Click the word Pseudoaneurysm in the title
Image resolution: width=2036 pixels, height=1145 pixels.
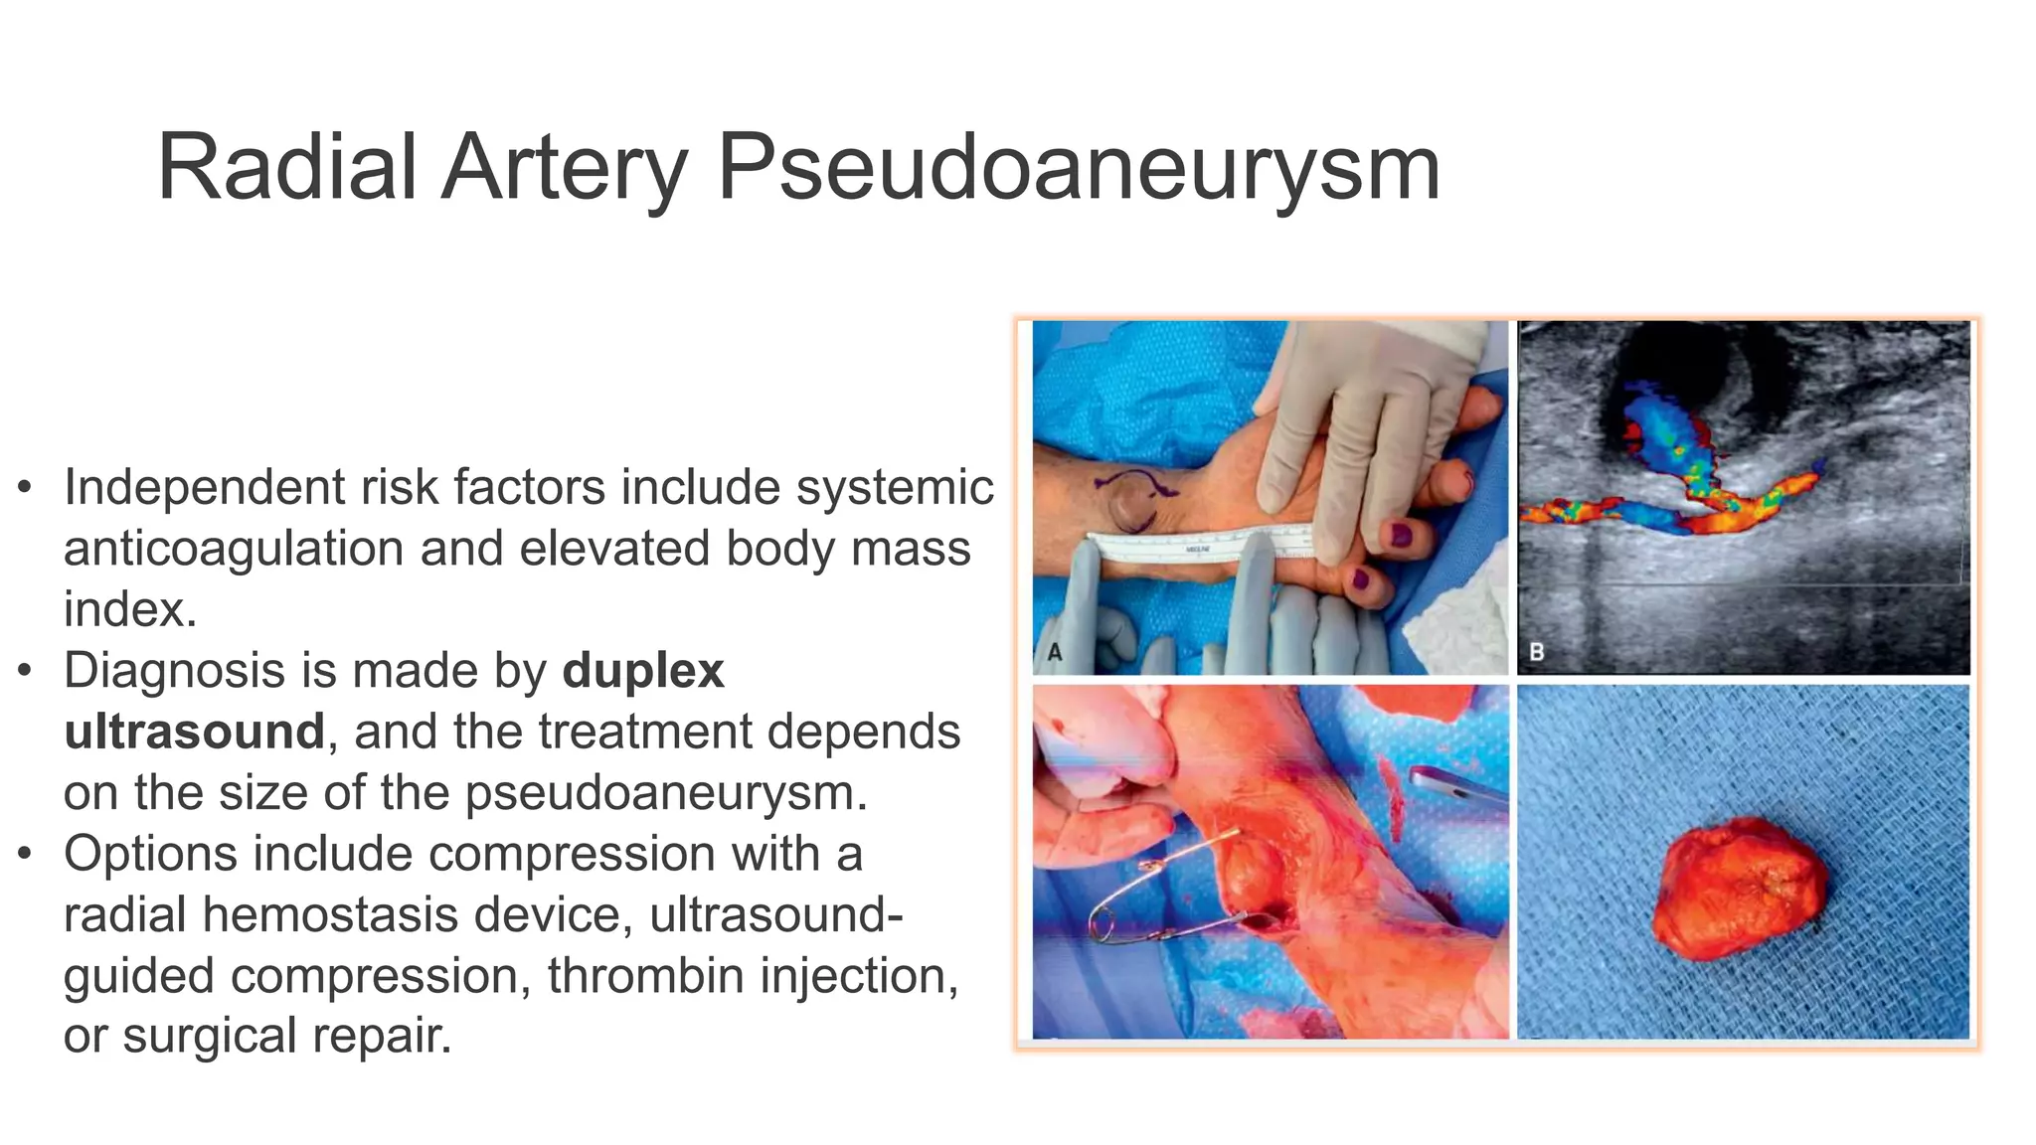(1078, 169)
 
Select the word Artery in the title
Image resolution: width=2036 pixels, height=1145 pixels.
(565, 169)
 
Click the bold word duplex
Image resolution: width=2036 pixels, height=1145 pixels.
(643, 671)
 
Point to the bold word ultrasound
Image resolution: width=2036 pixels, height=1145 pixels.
(194, 732)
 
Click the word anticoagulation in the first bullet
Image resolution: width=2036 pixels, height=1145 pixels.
(235, 549)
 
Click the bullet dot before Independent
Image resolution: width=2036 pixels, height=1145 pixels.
(26, 488)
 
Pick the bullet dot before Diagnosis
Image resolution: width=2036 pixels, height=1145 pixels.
(26, 671)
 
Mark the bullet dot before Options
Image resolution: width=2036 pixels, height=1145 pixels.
(26, 854)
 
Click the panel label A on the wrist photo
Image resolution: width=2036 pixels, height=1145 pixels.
(1055, 653)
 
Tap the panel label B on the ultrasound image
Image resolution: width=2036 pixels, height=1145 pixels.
(1536, 653)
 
